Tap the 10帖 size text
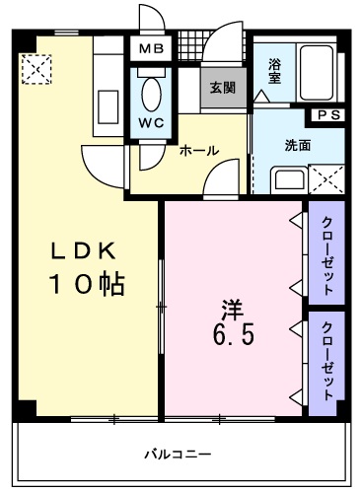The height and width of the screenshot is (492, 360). [x=87, y=285]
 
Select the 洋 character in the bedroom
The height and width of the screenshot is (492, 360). [x=231, y=307]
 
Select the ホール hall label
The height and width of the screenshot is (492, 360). [x=198, y=151]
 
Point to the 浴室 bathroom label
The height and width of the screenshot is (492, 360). [x=275, y=72]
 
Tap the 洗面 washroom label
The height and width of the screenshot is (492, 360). [x=297, y=145]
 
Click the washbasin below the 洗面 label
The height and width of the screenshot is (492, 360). [x=288, y=179]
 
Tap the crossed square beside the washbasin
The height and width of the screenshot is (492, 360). [x=325, y=180]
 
